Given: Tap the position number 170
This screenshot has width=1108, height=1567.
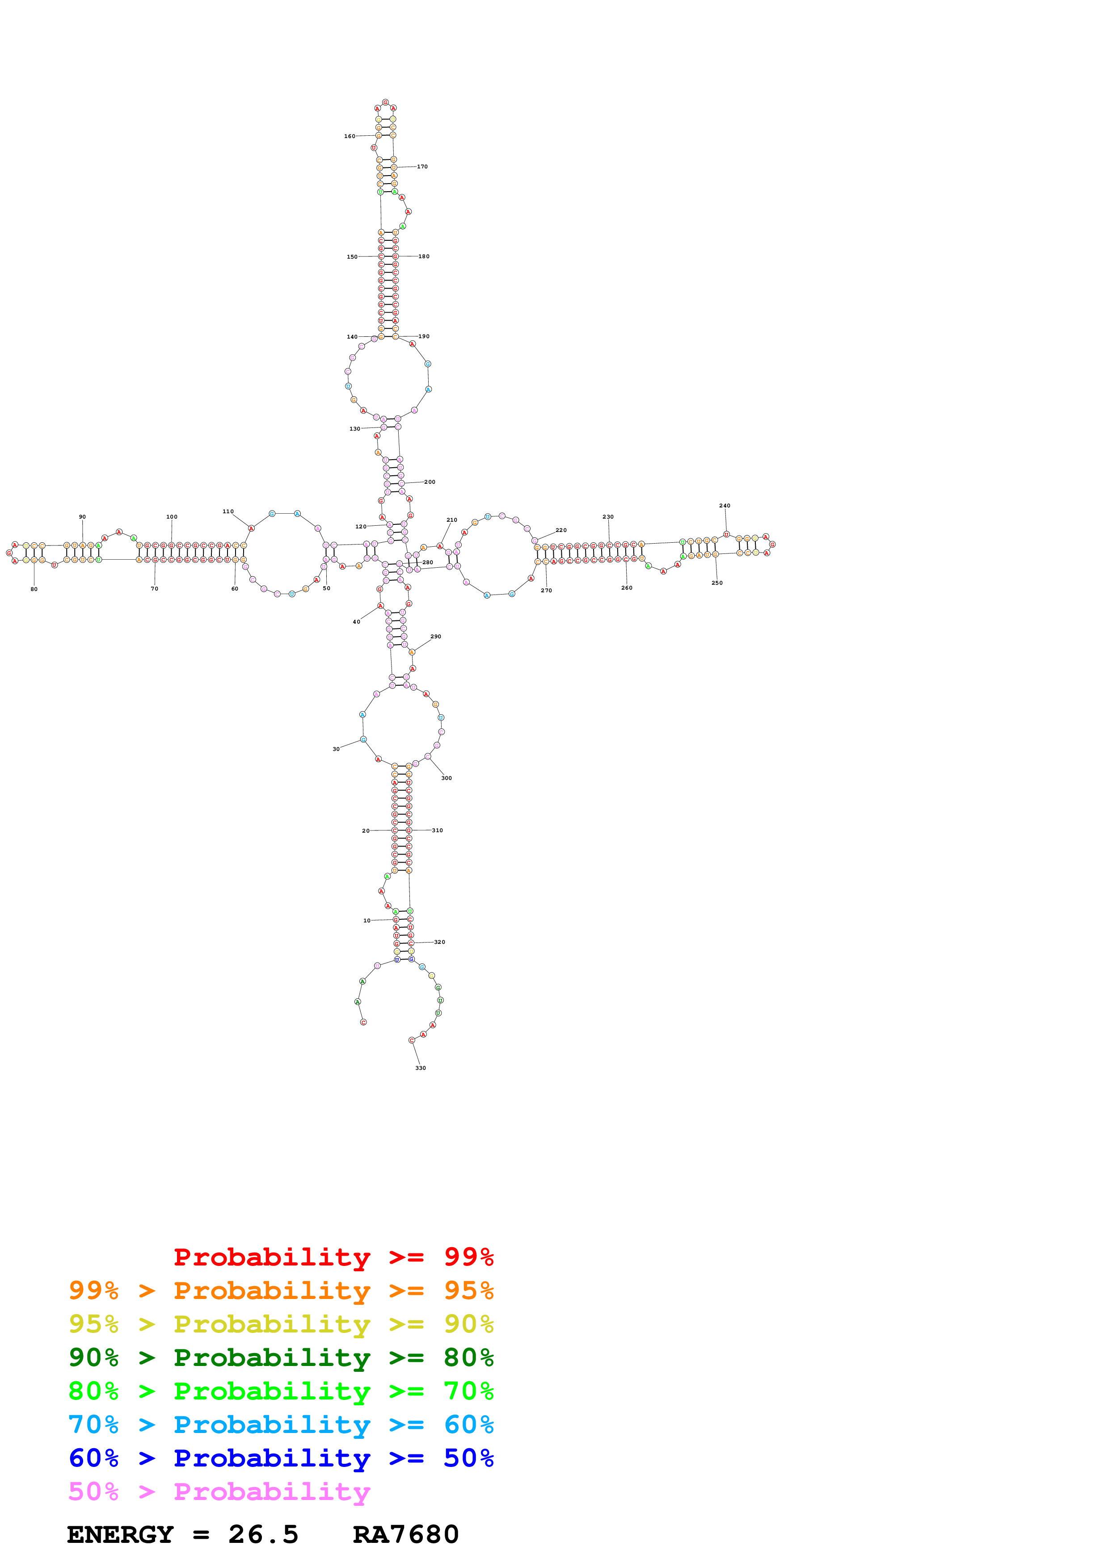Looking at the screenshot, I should [422, 167].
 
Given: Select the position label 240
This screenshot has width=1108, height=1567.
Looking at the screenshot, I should [725, 506].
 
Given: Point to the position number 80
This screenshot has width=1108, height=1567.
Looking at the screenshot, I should [34, 589].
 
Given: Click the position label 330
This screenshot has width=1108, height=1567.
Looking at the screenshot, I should [421, 1068].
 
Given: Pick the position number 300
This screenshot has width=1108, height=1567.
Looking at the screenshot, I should [447, 778].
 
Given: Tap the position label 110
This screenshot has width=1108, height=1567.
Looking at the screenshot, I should [228, 511].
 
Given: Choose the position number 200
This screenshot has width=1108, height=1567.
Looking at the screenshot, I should [430, 482].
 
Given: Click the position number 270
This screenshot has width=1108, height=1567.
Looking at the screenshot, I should [546, 591].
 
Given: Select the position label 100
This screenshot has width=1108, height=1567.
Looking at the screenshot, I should [172, 517].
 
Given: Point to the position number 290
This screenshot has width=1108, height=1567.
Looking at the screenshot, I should [435, 636].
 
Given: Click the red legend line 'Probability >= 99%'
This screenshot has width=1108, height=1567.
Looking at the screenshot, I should [333, 1257].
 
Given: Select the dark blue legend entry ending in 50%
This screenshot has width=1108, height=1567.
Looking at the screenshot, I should [281, 1458].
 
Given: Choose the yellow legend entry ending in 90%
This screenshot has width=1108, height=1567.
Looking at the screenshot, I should [281, 1324].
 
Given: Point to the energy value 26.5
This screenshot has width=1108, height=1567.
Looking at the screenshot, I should [263, 1534].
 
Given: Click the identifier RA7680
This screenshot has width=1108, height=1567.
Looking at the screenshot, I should [405, 1534].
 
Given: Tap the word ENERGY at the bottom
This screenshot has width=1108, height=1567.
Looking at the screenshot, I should [120, 1534].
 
